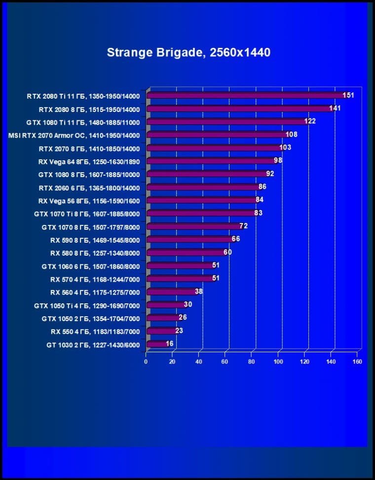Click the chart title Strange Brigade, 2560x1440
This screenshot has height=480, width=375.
coord(188,52)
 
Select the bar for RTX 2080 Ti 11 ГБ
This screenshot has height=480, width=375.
coord(247,96)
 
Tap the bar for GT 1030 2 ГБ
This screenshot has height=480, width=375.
coord(158,344)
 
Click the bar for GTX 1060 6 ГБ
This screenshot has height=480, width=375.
coord(180,266)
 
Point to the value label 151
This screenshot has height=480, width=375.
coord(348,95)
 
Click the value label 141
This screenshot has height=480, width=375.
coord(335,108)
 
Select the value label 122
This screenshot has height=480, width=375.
coord(310,121)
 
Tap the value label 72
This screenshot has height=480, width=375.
coord(243,226)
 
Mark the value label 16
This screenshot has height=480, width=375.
coord(169,343)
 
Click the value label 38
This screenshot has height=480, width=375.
coord(198,292)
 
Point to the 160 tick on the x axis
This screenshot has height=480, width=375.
coord(357,362)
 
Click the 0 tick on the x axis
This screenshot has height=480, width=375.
coord(146,362)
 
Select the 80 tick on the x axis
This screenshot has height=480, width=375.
coord(252,362)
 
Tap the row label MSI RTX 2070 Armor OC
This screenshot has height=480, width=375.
coord(74,135)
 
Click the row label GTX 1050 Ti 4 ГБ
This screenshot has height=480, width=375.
coord(87,305)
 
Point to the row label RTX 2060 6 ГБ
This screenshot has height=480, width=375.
coord(89,188)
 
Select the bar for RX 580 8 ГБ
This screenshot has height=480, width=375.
coord(187,253)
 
